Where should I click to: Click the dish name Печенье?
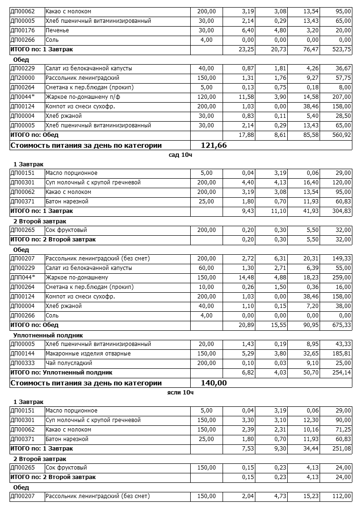pos(57,30)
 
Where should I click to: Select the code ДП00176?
pos(22,30)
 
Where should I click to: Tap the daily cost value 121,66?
pos(214,145)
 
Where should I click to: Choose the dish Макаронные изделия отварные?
pos(88,354)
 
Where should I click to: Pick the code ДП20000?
pos(22,78)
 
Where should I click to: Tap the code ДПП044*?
pos(23,278)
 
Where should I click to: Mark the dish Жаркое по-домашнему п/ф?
pos(80,97)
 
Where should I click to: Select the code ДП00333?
pos(22,363)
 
